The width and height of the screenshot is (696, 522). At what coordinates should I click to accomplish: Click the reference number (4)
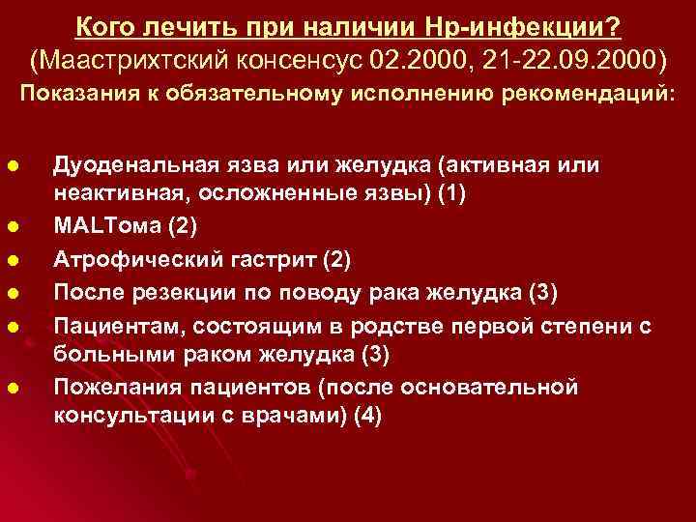367,418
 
